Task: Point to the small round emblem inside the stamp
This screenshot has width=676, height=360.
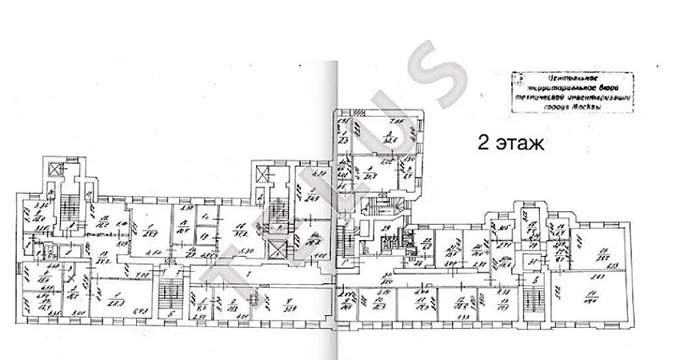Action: click(x=521, y=80)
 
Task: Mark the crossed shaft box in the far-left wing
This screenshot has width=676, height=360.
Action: click(x=54, y=170)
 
